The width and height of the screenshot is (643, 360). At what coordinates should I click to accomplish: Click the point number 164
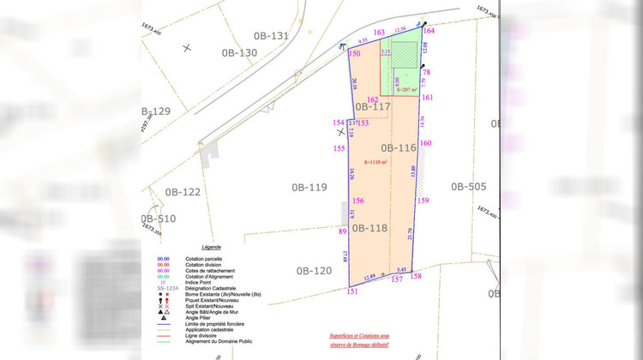click(429, 31)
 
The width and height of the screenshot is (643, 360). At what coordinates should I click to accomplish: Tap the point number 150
click(354, 54)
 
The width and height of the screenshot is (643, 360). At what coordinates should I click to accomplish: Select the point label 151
click(352, 291)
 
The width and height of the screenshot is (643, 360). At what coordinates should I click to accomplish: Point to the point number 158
click(416, 276)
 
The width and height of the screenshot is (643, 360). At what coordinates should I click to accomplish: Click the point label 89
click(342, 231)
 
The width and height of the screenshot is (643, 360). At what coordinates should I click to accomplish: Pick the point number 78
click(426, 73)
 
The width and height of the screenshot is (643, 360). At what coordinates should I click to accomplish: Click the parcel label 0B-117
click(373, 107)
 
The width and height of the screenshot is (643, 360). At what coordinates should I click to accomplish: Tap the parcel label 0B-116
click(398, 147)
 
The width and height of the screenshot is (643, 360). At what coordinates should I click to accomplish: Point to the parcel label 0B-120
click(314, 271)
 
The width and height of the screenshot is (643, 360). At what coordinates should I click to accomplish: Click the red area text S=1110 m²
click(376, 162)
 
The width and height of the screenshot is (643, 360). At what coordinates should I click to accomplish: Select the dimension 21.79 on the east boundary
click(411, 232)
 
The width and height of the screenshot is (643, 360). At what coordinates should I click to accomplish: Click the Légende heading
click(211, 247)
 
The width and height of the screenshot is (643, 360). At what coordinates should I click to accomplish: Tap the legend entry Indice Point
click(201, 281)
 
